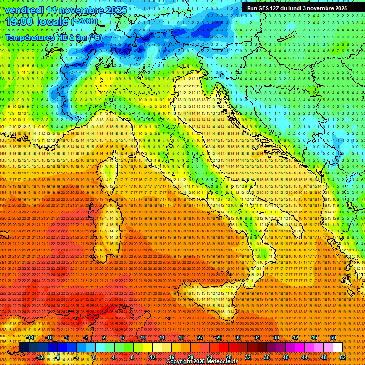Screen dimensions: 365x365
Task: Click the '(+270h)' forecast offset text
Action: (x=86, y=21)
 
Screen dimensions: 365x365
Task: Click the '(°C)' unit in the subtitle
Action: (x=95, y=38)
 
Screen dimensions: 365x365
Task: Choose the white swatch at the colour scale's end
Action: (x=337, y=347)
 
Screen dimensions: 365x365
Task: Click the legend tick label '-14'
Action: (x=31, y=337)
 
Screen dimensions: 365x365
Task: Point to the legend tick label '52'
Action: (x=343, y=357)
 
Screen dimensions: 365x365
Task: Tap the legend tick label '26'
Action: (x=219, y=337)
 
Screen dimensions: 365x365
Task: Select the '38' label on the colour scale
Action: (x=276, y=337)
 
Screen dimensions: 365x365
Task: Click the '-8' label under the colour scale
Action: (x=58, y=357)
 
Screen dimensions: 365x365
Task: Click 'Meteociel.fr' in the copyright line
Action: (x=226, y=362)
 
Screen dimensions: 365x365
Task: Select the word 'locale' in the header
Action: (x=52, y=21)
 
